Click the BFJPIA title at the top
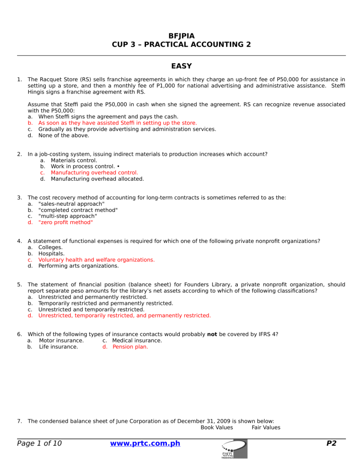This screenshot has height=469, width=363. [181, 35]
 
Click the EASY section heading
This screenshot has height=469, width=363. [181, 66]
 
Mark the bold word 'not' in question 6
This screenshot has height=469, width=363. [213, 334]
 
